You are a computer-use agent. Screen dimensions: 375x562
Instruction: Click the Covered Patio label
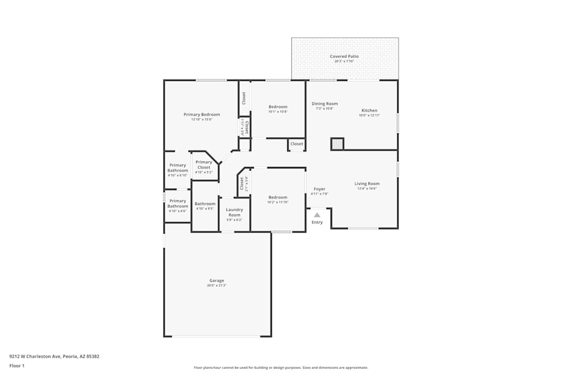(344, 56)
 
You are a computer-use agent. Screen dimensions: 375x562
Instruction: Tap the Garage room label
(217, 281)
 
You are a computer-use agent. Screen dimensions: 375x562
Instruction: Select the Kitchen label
(369, 110)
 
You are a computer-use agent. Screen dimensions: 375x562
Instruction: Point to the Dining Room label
(325, 103)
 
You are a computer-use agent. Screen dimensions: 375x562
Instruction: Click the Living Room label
(367, 183)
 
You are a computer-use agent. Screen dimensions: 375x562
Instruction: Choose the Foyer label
(319, 189)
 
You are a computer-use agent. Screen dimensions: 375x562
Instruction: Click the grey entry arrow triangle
(317, 215)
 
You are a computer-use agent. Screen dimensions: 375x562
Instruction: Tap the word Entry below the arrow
(317, 222)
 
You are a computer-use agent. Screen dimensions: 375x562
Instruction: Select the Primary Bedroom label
(202, 114)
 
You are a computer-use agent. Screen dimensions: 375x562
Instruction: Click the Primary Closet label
(204, 165)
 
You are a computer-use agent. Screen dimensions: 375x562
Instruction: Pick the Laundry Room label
(234, 213)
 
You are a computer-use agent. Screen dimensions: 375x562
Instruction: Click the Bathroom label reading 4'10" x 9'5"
(205, 204)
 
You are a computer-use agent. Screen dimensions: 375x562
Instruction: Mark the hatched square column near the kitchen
(337, 144)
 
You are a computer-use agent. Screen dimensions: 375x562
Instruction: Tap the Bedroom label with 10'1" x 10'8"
(278, 107)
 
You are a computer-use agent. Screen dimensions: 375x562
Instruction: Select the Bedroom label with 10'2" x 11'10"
(278, 197)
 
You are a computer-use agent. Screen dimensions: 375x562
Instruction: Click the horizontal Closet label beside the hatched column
(297, 144)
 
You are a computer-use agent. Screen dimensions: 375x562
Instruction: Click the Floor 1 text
(17, 365)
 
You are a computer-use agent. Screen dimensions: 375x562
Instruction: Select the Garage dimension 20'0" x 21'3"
(217, 286)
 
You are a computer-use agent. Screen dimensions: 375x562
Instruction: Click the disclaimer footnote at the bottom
(281, 368)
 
